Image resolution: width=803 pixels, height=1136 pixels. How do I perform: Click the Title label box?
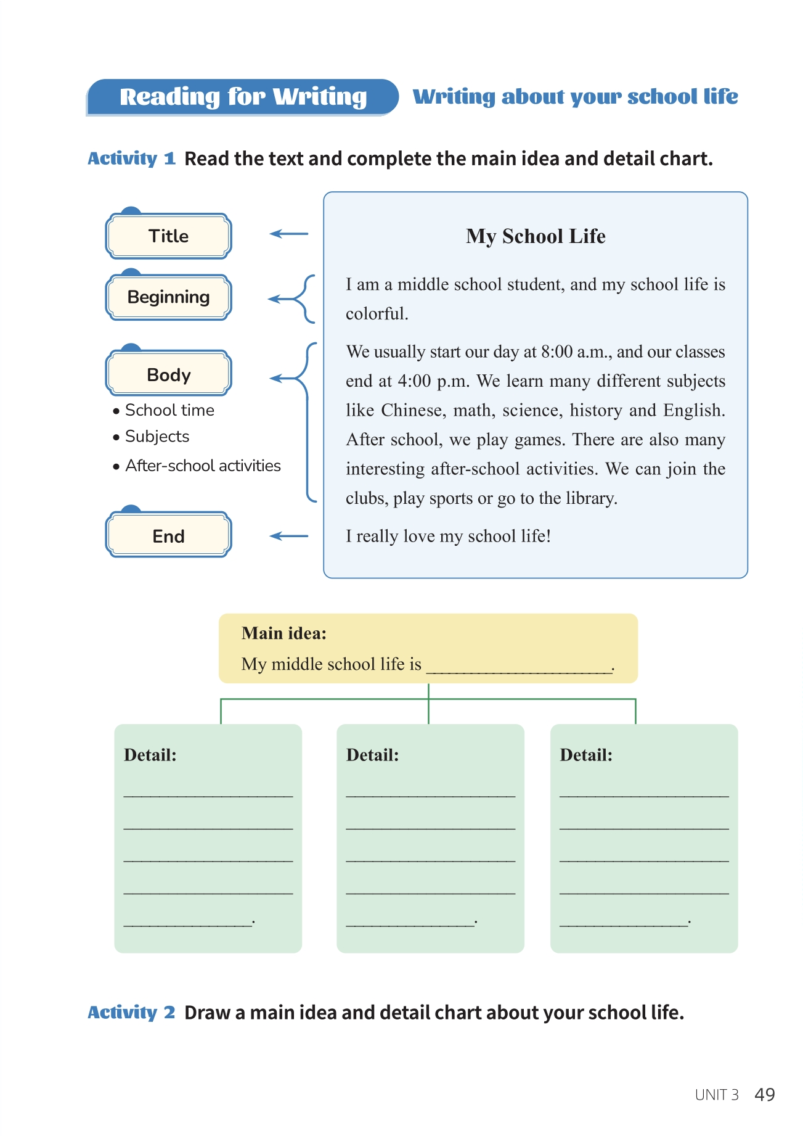click(168, 236)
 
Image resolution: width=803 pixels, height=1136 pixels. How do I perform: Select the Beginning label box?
click(168, 297)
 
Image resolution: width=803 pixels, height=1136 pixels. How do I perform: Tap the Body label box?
click(168, 374)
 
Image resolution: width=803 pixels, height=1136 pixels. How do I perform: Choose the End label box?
click(168, 536)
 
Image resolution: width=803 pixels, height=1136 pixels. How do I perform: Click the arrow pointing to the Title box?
click(288, 234)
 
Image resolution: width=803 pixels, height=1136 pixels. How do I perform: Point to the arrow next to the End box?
click(288, 536)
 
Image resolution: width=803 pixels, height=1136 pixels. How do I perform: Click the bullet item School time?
click(169, 410)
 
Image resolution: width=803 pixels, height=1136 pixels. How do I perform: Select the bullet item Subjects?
click(157, 437)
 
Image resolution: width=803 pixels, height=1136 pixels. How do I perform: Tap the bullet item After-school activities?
click(202, 466)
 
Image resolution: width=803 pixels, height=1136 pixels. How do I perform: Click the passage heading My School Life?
click(536, 236)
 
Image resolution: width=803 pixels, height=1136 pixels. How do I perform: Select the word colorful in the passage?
click(377, 314)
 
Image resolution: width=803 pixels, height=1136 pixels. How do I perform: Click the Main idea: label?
click(283, 633)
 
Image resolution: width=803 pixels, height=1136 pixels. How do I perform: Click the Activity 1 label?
click(131, 158)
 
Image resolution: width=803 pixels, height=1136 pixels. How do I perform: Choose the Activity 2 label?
click(131, 1013)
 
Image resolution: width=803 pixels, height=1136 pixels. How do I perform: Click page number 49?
click(764, 1095)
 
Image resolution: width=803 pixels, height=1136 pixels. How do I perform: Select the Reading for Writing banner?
click(243, 97)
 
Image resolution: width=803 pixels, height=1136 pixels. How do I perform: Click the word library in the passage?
click(590, 498)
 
